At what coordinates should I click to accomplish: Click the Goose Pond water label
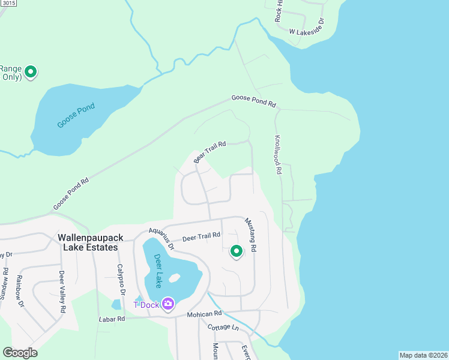[x=76, y=116]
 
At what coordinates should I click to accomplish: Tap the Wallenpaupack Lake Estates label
[x=91, y=242]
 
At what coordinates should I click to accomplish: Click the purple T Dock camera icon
[x=168, y=304]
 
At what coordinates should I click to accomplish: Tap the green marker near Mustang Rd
[x=236, y=251]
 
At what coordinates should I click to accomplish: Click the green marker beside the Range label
[x=31, y=72]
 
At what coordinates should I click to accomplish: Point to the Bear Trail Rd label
[x=209, y=152]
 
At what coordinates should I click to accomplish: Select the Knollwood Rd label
[x=278, y=155]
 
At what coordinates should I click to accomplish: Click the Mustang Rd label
[x=251, y=235]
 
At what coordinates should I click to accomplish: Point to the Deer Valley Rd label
[x=62, y=292]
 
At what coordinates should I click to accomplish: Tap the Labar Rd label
[x=112, y=320]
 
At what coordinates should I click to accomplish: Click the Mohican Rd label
[x=204, y=314]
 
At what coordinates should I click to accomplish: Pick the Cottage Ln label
[x=223, y=327]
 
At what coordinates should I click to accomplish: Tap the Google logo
[x=20, y=353]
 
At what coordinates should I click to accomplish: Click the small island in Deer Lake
[x=175, y=278]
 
